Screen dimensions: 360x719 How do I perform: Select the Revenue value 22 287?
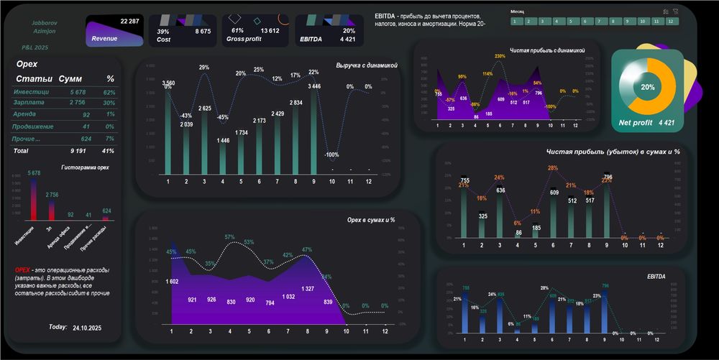(x=130, y=22)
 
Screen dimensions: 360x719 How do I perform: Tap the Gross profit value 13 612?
(x=270, y=31)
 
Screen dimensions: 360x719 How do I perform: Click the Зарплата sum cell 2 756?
(x=78, y=104)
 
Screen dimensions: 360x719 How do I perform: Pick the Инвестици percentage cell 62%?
(x=109, y=93)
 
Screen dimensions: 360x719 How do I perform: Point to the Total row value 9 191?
(x=78, y=151)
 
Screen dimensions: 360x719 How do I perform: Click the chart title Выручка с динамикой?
(x=367, y=66)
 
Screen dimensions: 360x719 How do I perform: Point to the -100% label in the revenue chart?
(x=332, y=154)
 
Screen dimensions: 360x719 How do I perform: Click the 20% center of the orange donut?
(x=648, y=87)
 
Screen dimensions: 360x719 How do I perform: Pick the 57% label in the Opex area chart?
(x=229, y=237)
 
